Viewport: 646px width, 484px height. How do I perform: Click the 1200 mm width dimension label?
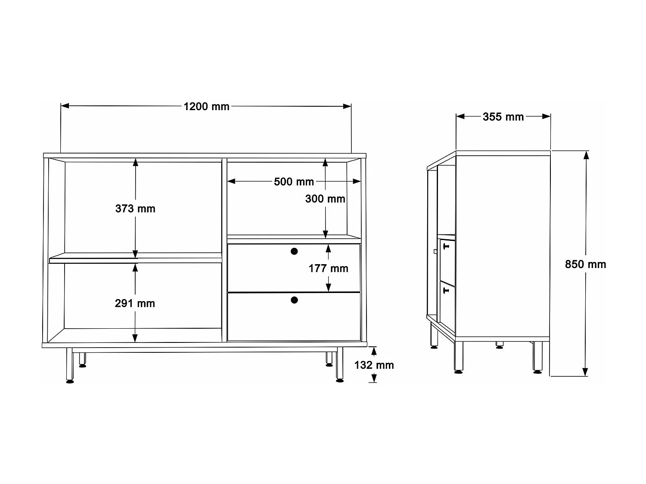point(206,106)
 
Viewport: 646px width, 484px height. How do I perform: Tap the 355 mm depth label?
point(503,117)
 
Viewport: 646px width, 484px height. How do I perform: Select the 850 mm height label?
point(585,264)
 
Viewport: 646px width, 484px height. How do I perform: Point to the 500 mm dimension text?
point(294,182)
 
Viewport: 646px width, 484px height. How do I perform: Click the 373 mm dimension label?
point(135,209)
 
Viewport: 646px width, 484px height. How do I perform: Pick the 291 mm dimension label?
point(135,303)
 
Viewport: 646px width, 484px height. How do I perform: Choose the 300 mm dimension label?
point(325,199)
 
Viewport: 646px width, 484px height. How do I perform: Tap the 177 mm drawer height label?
point(328,268)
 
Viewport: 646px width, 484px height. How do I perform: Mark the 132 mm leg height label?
point(374,365)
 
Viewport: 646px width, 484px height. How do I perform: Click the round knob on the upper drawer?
point(294,251)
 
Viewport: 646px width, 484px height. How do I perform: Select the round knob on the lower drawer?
point(294,300)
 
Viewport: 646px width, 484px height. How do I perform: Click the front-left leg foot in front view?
point(70,381)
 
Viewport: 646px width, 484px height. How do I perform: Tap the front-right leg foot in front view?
point(340,380)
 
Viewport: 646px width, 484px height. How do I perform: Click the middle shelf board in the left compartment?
point(135,259)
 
